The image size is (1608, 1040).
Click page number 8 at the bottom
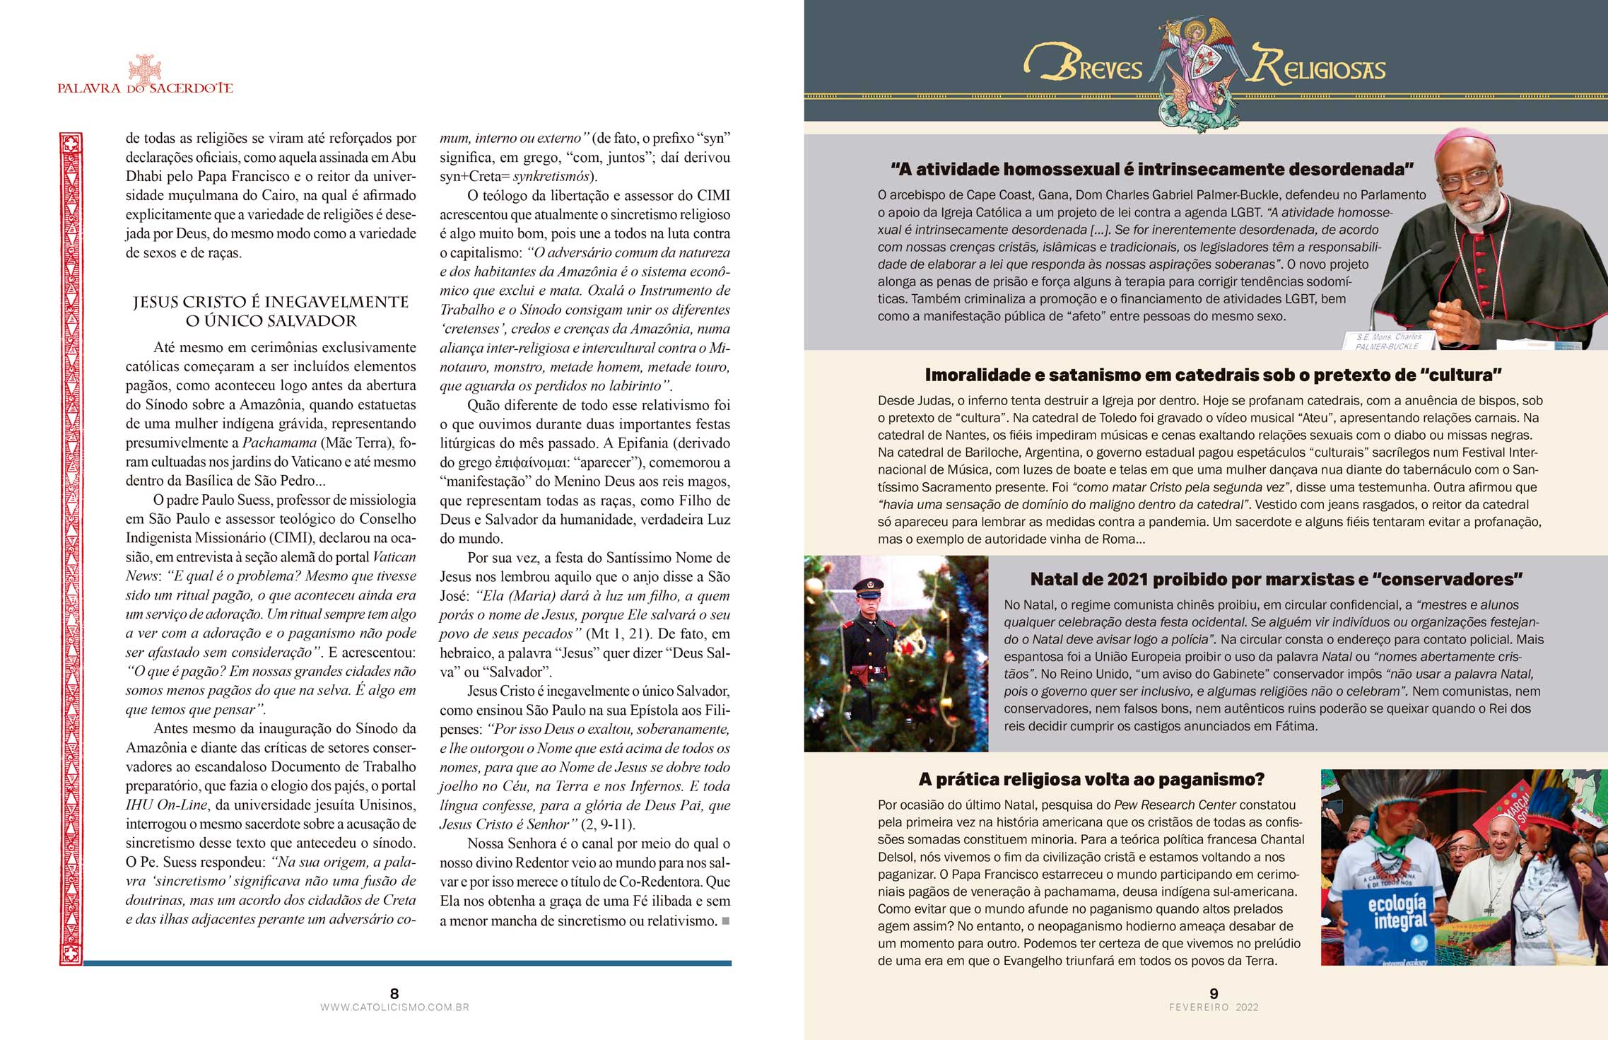click(x=394, y=993)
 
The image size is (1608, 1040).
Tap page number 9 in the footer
click(x=1214, y=993)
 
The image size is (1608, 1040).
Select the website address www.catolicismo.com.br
click(x=394, y=1007)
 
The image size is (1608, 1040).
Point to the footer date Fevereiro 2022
click(x=1214, y=1007)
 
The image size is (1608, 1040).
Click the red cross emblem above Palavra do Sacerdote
click(x=145, y=69)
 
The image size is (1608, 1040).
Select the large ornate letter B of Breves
click(x=1051, y=62)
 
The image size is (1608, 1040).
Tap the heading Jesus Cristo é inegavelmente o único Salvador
click(x=271, y=311)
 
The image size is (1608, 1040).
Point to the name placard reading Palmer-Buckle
click(x=1387, y=342)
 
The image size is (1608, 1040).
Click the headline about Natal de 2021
click(x=1276, y=579)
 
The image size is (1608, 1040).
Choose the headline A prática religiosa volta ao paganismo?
click(x=1091, y=779)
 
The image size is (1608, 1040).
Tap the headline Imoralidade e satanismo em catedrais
click(x=1213, y=375)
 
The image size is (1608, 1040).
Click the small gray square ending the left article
click(x=726, y=921)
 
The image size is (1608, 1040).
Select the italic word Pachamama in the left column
click(x=279, y=443)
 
